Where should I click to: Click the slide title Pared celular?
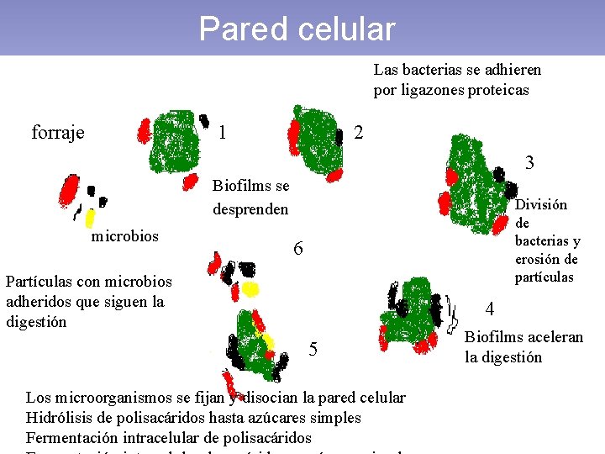297,29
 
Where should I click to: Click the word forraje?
58,133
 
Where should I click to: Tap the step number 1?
222,132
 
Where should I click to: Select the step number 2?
359,133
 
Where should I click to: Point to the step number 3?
529,163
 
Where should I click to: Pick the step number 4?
490,309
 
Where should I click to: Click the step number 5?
313,349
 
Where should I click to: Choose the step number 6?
297,250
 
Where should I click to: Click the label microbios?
124,235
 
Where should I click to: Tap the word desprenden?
250,209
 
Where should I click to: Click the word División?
541,204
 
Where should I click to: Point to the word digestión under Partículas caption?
36,321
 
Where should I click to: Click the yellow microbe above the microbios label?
89,218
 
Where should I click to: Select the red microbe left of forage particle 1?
144,130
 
